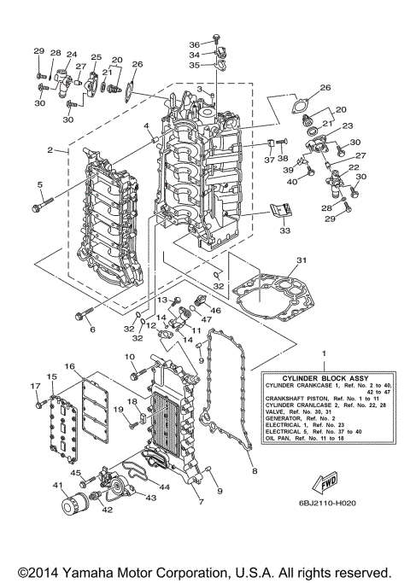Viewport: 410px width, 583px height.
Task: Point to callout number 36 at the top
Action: (x=194, y=44)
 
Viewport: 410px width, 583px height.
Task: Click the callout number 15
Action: (x=51, y=376)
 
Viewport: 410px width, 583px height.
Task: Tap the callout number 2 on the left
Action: (x=50, y=150)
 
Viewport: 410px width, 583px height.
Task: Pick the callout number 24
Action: (x=71, y=54)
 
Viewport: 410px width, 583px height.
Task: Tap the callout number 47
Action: (x=205, y=323)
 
